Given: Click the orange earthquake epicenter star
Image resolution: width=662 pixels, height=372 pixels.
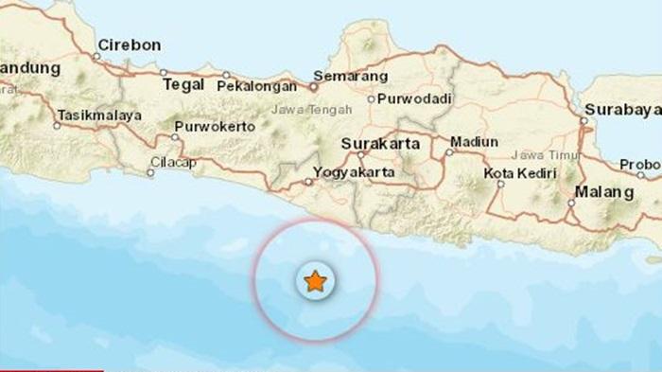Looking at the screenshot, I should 314,281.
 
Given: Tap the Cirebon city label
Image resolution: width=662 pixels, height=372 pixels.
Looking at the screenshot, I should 130,44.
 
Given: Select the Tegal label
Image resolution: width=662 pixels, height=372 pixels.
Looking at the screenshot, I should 183,84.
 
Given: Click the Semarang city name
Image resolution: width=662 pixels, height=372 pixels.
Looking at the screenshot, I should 353,76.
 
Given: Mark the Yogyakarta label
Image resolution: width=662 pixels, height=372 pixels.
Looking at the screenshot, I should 355,173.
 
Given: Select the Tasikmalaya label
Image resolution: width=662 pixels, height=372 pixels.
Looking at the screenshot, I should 99,115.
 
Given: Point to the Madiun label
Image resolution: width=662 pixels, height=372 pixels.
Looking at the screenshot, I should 475,142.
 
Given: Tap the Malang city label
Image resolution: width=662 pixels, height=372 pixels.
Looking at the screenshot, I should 605,192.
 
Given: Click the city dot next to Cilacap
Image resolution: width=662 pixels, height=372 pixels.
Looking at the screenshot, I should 152,172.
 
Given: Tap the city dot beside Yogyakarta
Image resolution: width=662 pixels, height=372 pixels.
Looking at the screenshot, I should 308,182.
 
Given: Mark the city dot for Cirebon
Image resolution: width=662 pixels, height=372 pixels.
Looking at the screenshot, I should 97,57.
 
